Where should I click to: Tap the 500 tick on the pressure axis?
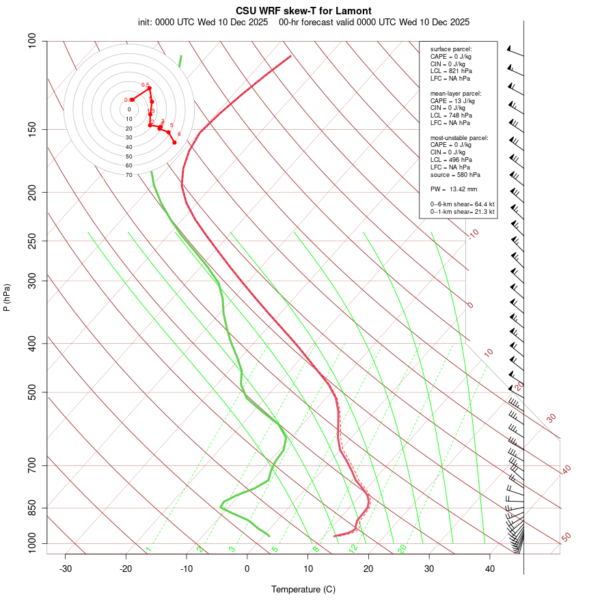tap(32, 392)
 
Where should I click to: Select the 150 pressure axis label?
tap(32, 129)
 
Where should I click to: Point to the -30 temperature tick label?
tap(66, 569)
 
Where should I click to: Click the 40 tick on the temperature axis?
tap(490, 569)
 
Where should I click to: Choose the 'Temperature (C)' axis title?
tap(303, 589)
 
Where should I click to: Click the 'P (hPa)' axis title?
tap(7, 298)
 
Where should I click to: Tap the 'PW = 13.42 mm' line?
tap(454, 189)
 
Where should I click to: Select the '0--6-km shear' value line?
tap(463, 204)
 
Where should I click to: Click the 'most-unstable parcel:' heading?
tap(459, 137)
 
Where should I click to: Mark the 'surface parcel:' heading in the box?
tap(451, 49)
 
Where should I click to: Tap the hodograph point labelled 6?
tap(175, 142)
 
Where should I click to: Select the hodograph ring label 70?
tap(129, 175)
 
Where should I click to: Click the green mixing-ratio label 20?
tap(402, 548)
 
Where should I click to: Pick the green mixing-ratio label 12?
tap(353, 548)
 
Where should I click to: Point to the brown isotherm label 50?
tap(566, 538)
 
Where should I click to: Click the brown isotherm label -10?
tap(473, 234)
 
